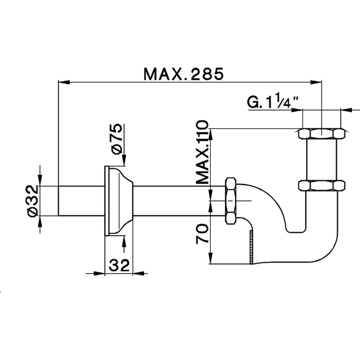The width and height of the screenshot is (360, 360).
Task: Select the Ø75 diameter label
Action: click(116, 138)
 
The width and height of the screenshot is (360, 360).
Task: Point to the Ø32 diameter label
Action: click(32, 201)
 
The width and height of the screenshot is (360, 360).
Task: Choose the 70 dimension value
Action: click(203, 233)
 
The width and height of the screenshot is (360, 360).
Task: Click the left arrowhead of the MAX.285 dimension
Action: click(62, 81)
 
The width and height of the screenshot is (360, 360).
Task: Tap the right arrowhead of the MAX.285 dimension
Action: click(317, 81)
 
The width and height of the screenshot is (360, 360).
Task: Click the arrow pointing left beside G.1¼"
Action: click(348, 109)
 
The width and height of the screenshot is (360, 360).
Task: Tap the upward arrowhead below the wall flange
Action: click(124, 240)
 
